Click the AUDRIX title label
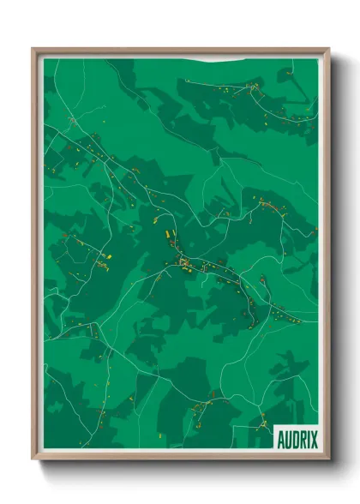[x=297, y=439]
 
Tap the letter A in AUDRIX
[x=281, y=439]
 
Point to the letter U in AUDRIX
[x=288, y=439]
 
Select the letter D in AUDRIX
[x=295, y=439]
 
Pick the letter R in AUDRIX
[x=302, y=439]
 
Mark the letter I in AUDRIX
[x=307, y=439]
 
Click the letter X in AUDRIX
[x=313, y=439]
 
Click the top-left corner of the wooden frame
[x=33, y=49]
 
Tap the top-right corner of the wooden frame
[x=328, y=49]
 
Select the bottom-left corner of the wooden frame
[x=33, y=461]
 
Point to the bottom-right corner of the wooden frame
[x=328, y=461]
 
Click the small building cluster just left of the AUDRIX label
[x=261, y=422]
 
